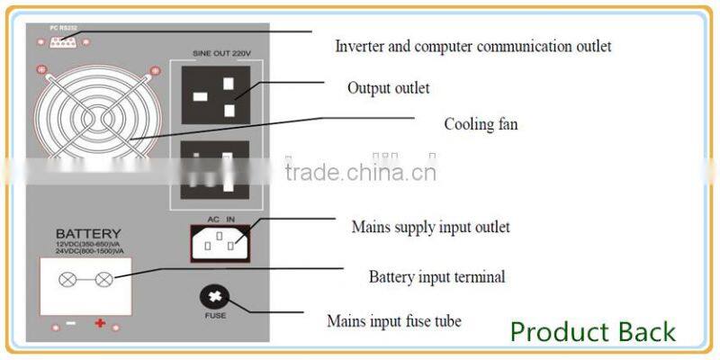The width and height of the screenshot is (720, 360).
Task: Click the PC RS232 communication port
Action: pos(59,42)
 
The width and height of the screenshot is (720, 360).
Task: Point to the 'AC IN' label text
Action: pos(220,220)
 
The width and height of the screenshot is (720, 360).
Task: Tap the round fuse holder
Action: pos(213,298)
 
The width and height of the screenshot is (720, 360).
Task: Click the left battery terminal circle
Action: pos(67,280)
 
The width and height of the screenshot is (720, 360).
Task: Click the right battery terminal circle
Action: pos(104,280)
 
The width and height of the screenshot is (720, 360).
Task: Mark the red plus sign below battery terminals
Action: pos(100,323)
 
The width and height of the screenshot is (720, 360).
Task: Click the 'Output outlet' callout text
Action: pos(388,88)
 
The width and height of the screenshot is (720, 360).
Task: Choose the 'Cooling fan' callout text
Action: pos(481,124)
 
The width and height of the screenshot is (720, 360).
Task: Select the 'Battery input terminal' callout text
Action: pos(436,277)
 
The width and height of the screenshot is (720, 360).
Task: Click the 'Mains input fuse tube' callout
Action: pos(394,320)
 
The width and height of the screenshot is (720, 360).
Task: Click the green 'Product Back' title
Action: pos(592,331)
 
